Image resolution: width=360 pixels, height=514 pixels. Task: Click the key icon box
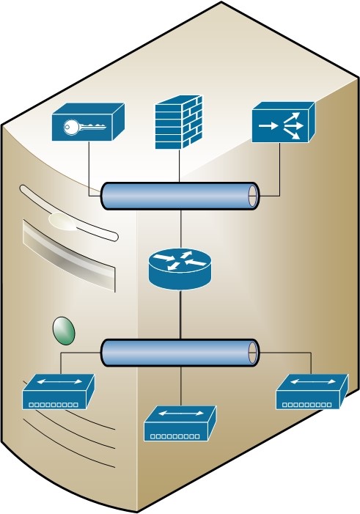pos(87,122)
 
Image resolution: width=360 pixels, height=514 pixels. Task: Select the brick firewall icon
pos(178,122)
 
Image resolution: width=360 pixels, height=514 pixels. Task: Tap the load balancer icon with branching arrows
pos(282,123)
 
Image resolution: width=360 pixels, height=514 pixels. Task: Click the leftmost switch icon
pos(59,392)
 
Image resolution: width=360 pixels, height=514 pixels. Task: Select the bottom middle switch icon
pos(180,424)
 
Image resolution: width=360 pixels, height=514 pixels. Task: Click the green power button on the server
pos(64,330)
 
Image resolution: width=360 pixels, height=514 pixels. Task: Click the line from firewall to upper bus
pos(179,165)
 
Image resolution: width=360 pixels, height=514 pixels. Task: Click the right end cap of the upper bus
pos(254,195)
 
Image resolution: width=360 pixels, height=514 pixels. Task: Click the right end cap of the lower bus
pos(254,353)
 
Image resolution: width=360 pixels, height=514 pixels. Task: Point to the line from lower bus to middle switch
pos(180,385)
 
